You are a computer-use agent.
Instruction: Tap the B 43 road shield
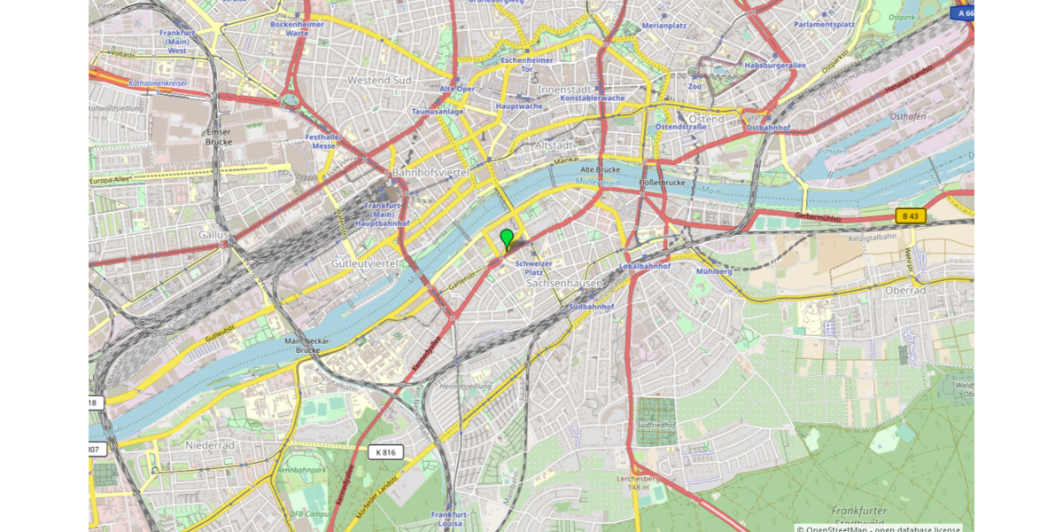(910, 215)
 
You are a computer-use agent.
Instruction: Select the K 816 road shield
(385, 452)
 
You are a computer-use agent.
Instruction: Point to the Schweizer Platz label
(534, 268)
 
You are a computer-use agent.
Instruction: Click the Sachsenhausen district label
(564, 284)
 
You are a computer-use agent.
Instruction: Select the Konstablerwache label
(593, 98)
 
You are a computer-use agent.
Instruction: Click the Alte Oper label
(458, 89)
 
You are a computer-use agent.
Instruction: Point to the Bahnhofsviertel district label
(430, 172)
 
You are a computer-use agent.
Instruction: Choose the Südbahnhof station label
(592, 307)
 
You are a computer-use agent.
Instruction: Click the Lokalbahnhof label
(644, 266)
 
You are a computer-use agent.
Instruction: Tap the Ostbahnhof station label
(768, 128)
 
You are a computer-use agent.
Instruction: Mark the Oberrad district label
(905, 290)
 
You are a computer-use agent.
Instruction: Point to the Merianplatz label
(663, 26)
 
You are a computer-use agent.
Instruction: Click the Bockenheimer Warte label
(297, 28)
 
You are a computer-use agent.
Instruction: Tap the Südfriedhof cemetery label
(656, 426)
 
